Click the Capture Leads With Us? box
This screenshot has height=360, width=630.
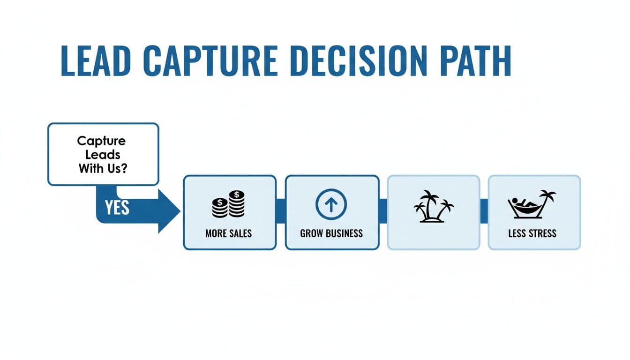(103, 154)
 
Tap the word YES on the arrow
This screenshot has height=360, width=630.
(117, 208)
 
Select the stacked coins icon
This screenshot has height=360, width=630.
(228, 204)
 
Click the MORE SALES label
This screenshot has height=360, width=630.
(228, 233)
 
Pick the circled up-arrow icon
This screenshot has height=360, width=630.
(331, 204)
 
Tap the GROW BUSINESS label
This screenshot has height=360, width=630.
(331, 233)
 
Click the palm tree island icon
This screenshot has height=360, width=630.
(434, 207)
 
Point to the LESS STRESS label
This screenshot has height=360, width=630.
(532, 233)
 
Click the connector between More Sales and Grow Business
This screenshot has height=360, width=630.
(281, 206)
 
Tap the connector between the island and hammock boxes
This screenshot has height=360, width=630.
(484, 206)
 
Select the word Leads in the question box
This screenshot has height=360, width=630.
(103, 155)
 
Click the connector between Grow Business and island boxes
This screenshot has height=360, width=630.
(383, 206)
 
